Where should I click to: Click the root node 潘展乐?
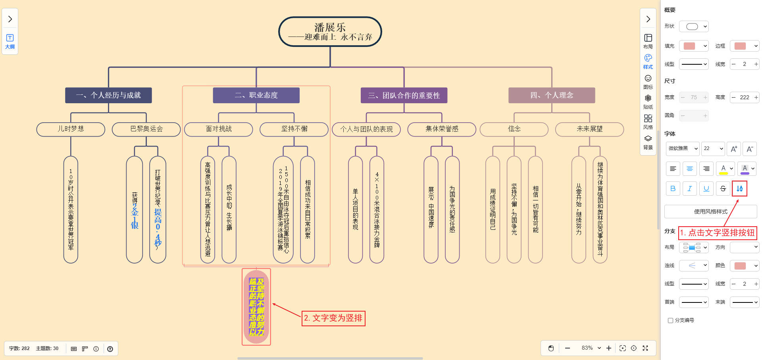pos(330,32)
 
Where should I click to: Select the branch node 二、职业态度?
pos(256,95)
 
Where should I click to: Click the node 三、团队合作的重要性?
pos(404,95)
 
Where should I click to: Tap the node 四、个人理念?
pos(551,95)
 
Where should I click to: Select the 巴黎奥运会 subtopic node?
pos(146,129)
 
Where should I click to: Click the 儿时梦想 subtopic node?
pos(71,129)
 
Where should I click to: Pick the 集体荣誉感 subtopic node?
pos(441,129)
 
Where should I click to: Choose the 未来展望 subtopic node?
pos(589,129)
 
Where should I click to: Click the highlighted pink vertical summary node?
pos(256,307)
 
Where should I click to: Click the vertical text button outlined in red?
pos(739,189)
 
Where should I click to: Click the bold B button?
pos(673,189)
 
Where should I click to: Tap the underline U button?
pos(706,189)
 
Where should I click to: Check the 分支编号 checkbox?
pos(670,320)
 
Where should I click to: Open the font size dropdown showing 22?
pos(713,148)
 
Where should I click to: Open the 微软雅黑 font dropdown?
pos(683,148)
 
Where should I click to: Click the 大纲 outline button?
pos(10,41)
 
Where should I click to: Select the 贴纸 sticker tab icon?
pos(648,101)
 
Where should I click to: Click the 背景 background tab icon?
pos(648,142)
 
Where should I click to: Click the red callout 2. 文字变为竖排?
pos(333,318)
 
